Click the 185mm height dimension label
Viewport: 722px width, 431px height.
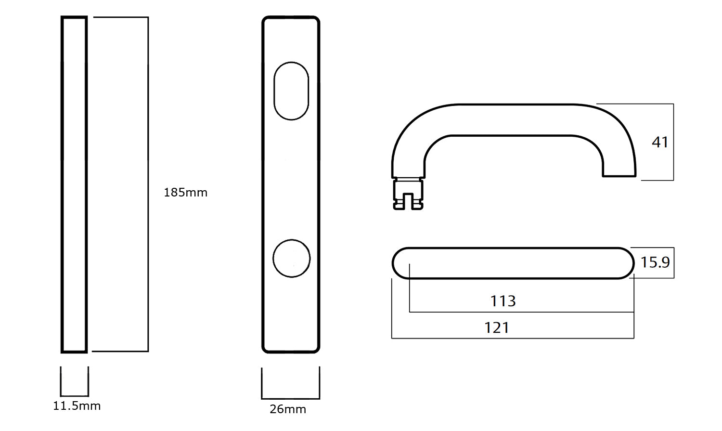pos(185,193)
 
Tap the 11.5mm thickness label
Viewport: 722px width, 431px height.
pos(77,406)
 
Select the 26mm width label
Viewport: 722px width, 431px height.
pos(287,409)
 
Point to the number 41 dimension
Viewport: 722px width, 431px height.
pos(660,143)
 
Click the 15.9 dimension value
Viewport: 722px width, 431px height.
pos(655,262)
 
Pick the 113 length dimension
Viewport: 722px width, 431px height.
pos(503,301)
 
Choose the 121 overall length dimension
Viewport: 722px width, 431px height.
pos(496,328)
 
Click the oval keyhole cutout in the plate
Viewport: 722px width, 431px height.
pos(291,91)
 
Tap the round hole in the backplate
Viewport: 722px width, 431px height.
pos(291,258)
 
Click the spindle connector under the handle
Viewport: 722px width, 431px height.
pos(408,194)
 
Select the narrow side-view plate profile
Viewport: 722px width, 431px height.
pos(74,184)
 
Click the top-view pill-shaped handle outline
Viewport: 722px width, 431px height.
pos(513,263)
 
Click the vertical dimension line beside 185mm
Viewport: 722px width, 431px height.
pos(148,184)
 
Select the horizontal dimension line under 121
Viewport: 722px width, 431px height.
pos(513,338)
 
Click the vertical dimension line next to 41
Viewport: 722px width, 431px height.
pos(673,143)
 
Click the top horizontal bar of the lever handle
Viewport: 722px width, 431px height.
pos(513,119)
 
